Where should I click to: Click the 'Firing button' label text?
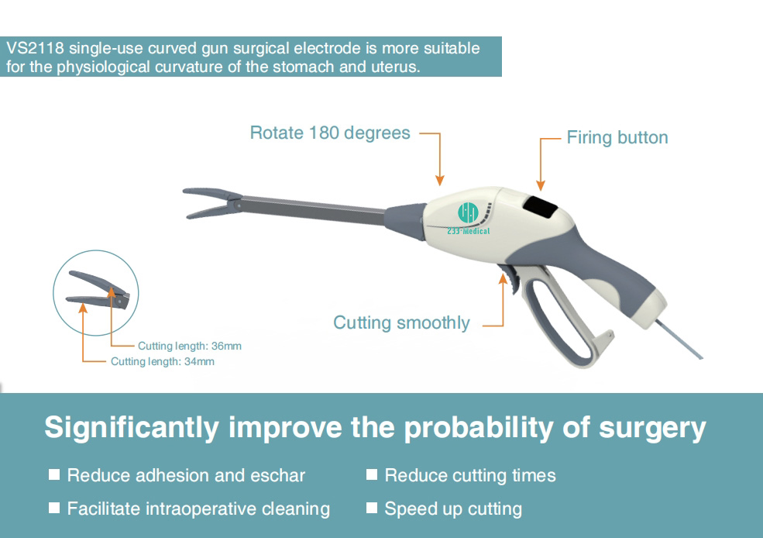point(617,138)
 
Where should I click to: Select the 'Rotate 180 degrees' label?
point(330,133)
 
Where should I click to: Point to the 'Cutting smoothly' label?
point(401,322)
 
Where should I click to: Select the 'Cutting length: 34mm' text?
point(163,361)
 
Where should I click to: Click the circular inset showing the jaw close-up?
point(95,292)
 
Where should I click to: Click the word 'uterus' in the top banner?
point(392,67)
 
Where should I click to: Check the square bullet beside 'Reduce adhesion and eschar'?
point(54,474)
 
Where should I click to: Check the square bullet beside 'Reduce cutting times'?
point(372,474)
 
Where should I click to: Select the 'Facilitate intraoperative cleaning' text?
point(198,509)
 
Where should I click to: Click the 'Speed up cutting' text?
point(453,509)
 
